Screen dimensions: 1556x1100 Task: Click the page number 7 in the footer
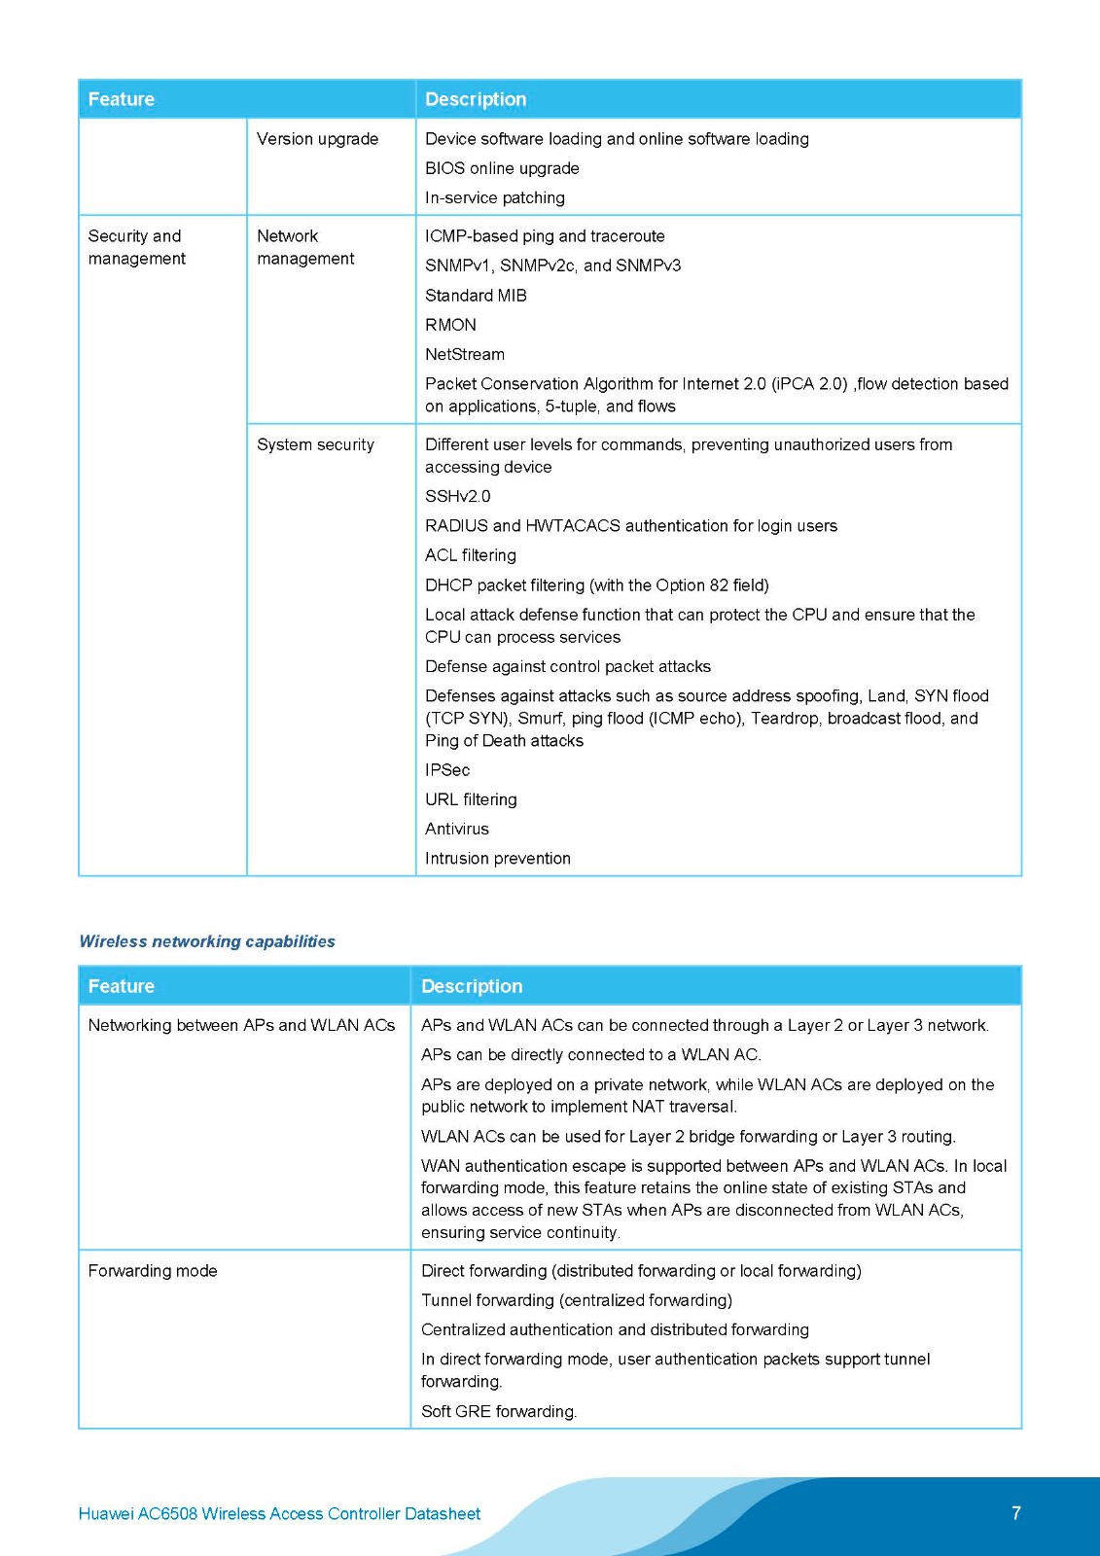pos(1016,1513)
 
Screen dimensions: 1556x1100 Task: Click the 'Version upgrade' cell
pos(317,139)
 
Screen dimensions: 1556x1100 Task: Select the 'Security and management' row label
pos(136,247)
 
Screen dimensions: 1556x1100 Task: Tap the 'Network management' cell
pos(305,247)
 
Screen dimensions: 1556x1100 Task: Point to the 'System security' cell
pos(315,444)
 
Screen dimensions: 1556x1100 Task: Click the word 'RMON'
pos(450,325)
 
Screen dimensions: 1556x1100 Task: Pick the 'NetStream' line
pos(465,354)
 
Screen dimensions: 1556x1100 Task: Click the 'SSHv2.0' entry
pos(457,496)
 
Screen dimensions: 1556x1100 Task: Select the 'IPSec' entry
pos(447,770)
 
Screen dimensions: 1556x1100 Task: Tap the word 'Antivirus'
pos(457,829)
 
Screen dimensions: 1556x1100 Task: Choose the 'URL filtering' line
pos(471,799)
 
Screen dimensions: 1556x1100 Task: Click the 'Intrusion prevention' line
pos(498,859)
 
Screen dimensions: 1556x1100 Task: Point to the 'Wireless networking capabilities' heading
pos(207,941)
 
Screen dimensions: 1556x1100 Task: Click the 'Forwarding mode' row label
pos(153,1271)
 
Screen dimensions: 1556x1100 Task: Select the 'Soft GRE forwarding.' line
pos(499,1411)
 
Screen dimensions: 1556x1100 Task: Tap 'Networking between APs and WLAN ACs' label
pos(241,1025)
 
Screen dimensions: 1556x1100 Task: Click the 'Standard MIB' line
pos(476,296)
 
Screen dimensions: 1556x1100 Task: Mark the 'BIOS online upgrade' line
pos(502,168)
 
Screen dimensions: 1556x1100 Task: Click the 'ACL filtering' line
pos(471,555)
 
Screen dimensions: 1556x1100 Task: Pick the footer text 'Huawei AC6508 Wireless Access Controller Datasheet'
pos(279,1513)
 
